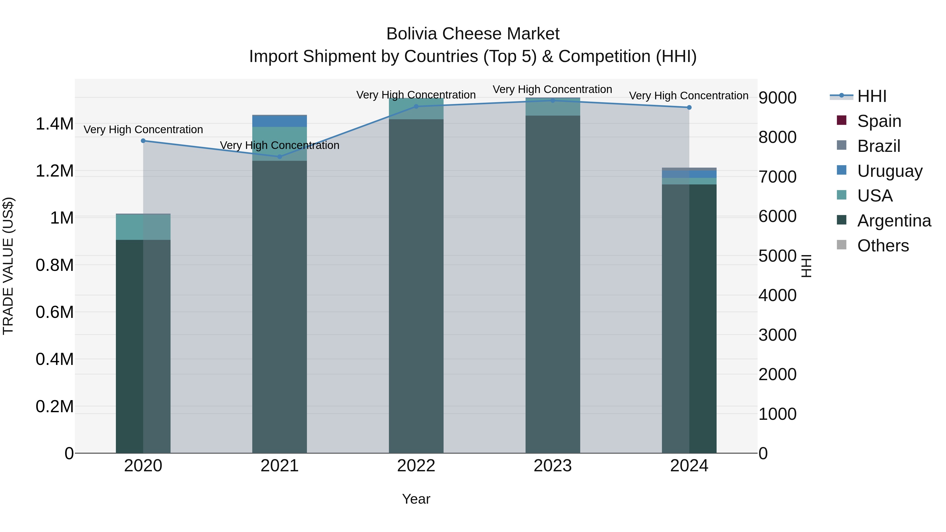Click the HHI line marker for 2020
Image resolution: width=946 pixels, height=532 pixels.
click(x=143, y=141)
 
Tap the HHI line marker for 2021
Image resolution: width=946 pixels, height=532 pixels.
click(x=280, y=157)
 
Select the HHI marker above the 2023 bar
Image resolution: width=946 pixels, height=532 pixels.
click(x=553, y=100)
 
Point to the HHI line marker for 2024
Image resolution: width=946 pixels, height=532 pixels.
click(x=689, y=107)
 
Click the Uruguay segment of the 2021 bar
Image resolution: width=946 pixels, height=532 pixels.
click(x=280, y=121)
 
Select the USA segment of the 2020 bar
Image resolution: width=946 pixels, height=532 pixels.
click(x=143, y=227)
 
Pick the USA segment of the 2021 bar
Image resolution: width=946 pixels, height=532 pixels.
click(x=280, y=144)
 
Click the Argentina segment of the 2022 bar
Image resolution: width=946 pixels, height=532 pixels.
click(x=416, y=286)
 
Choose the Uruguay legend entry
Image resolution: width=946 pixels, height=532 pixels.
click(x=890, y=171)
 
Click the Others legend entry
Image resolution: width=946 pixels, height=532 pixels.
click(x=883, y=246)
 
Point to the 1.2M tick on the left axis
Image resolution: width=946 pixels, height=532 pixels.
click(x=54, y=171)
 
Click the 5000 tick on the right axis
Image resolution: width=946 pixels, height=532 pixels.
click(x=778, y=256)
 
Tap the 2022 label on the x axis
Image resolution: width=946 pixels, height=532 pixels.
click(x=416, y=466)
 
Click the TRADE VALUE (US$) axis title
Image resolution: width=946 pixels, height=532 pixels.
click(x=8, y=266)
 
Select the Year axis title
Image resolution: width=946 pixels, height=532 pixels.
click(x=416, y=499)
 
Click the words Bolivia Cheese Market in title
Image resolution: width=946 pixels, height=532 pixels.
click(x=473, y=34)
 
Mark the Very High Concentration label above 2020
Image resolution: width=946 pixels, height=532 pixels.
click(x=143, y=130)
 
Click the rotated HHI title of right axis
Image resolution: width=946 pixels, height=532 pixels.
click(x=806, y=266)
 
